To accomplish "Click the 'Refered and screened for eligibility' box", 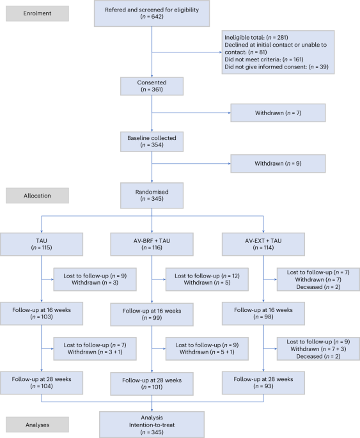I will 152,13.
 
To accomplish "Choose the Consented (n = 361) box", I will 152,86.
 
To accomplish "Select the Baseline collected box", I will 152,141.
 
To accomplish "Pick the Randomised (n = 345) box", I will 152,194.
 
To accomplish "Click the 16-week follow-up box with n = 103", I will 42,313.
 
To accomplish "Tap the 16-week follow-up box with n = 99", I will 152,314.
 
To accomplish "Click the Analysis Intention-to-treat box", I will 152,423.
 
